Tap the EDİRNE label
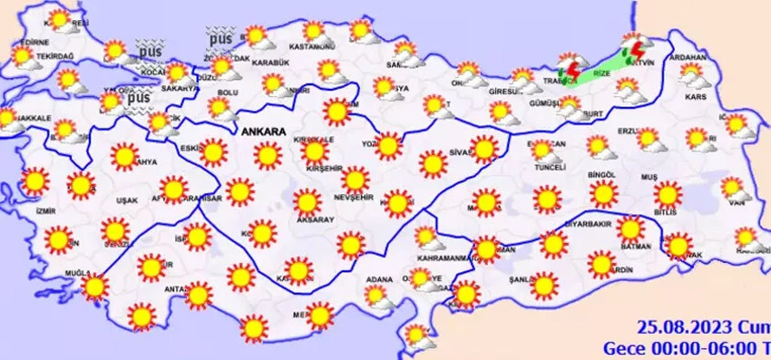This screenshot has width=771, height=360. tap(31, 43)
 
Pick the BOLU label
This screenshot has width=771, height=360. tap(227, 92)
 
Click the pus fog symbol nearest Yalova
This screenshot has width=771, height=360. tap(139, 97)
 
